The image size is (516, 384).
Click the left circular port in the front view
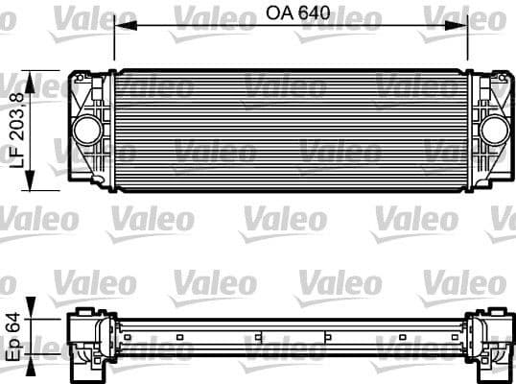[x=88, y=130]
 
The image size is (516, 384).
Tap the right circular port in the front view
[x=493, y=130]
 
